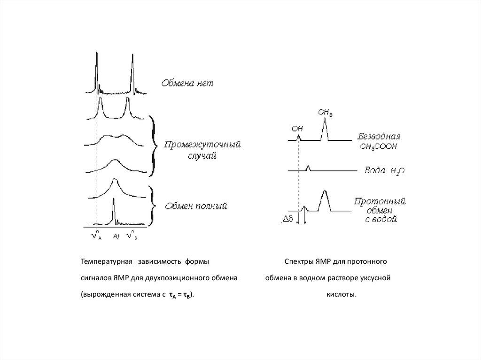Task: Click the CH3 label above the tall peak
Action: pos(325,113)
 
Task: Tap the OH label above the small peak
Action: pos(297,127)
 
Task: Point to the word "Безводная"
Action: pos(379,138)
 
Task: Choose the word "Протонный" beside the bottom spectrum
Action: pos(380,202)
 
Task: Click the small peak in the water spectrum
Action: pos(308,168)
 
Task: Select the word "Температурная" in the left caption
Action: pos(104,261)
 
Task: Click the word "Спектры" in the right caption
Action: pos(297,261)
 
